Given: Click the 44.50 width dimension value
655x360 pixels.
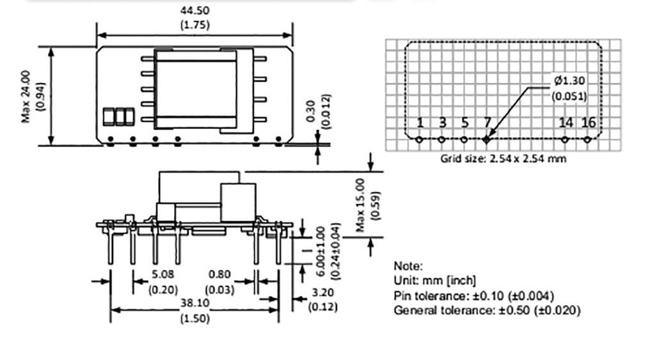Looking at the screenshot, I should click(195, 10).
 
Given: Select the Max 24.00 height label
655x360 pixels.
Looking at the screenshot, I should click(26, 96).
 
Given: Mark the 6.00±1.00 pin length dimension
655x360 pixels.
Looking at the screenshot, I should click(320, 251).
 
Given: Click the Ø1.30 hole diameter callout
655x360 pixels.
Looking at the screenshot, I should click(569, 81).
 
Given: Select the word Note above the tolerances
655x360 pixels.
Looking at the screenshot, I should click(408, 266).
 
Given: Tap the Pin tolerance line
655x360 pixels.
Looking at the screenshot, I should click(474, 295).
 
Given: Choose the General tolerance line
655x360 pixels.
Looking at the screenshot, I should click(487, 310).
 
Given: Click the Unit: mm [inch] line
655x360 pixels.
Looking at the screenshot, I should click(435, 281).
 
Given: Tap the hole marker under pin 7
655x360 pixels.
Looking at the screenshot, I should click(487, 139).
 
